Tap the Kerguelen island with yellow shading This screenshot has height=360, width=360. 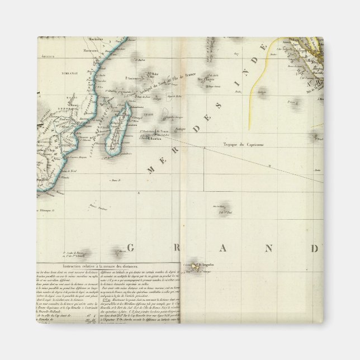pyautogui.click(x=195, y=267)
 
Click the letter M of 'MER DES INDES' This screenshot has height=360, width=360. pyautogui.click(x=150, y=170)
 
